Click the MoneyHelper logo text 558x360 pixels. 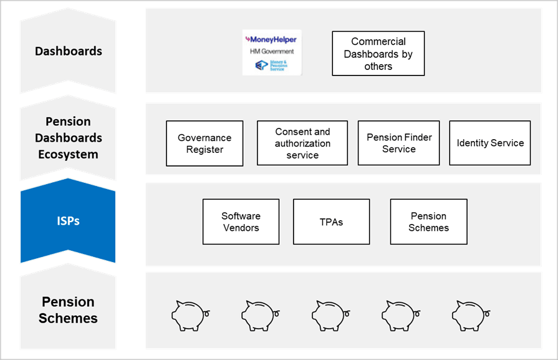pyautogui.click(x=272, y=40)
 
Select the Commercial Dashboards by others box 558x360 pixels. pyautogui.click(x=378, y=54)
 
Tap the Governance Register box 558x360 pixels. pyautogui.click(x=204, y=144)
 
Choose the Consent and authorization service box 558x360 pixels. pyautogui.click(x=302, y=143)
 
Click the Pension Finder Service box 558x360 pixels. pyautogui.click(x=399, y=143)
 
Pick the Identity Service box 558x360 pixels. pyautogui.click(x=490, y=143)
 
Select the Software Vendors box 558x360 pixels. pyautogui.click(x=241, y=221)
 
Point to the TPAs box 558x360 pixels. pyautogui.click(x=331, y=221)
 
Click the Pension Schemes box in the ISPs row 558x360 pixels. pyautogui.click(x=428, y=221)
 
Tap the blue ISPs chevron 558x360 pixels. pyautogui.click(x=68, y=220)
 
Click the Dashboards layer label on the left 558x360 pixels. pyautogui.click(x=68, y=51)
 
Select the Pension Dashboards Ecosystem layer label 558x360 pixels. pyautogui.click(x=68, y=137)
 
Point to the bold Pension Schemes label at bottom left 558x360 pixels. pyautogui.click(x=68, y=310)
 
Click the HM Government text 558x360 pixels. pyautogui.click(x=272, y=51)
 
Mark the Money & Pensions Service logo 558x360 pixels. pyautogui.click(x=272, y=65)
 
